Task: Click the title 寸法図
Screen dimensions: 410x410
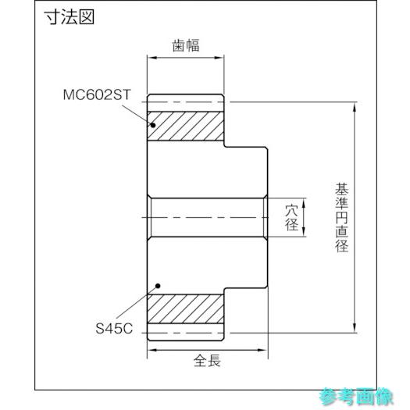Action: [x=69, y=17]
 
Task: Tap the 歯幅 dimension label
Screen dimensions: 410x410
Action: [x=186, y=45]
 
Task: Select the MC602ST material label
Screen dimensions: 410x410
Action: [x=97, y=94]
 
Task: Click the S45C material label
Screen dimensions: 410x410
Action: [x=114, y=329]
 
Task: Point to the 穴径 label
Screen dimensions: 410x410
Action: [x=292, y=218]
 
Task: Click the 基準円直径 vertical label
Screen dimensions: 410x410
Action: [x=342, y=218]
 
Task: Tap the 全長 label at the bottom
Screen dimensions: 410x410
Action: [x=207, y=361]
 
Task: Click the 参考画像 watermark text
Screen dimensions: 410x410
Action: [x=356, y=397]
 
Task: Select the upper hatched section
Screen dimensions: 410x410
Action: [x=185, y=126]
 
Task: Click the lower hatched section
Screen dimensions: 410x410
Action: [x=185, y=308]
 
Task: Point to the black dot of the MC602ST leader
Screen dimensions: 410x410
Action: [x=153, y=125]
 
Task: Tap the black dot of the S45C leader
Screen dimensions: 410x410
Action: [x=158, y=286]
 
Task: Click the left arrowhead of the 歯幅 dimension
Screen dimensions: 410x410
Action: [x=152, y=58]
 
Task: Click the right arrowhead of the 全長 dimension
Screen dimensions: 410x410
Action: [x=262, y=350]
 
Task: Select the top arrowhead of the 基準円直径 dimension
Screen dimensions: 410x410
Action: [x=355, y=107]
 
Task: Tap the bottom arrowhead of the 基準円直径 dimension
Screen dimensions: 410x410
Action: [x=355, y=328]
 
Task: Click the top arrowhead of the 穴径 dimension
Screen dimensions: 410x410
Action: [x=304, y=203]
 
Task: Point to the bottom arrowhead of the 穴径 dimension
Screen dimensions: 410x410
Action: [x=304, y=232]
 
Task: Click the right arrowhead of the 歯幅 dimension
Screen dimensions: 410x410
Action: [x=219, y=58]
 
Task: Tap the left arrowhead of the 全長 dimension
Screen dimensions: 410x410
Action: [x=152, y=350]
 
